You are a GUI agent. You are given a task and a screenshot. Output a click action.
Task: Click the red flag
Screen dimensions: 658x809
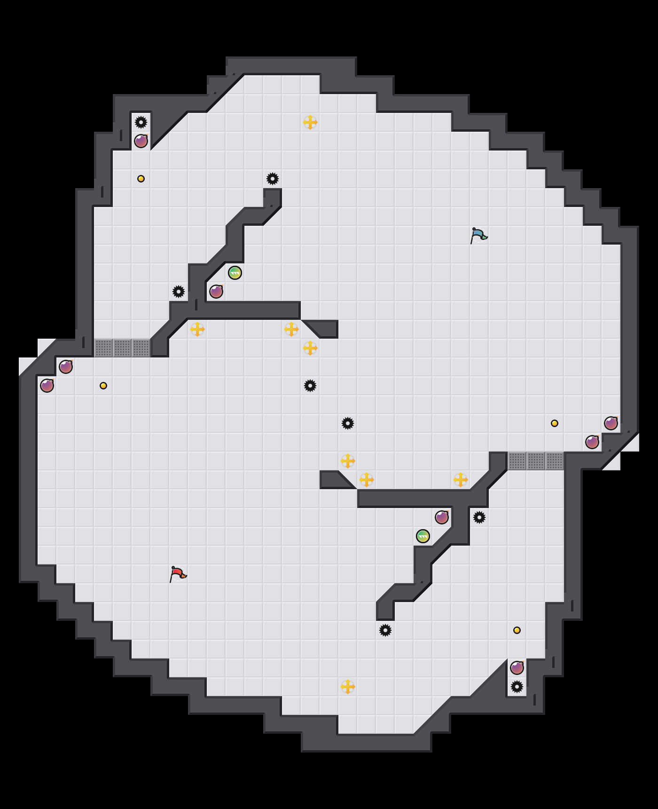pos(177,574)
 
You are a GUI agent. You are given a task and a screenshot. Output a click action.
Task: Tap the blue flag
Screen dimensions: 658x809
pos(478,235)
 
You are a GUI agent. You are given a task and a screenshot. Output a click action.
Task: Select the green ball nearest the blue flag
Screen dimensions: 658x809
pos(235,273)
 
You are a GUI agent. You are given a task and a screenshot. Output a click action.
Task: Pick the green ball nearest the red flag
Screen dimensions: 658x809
pos(423,536)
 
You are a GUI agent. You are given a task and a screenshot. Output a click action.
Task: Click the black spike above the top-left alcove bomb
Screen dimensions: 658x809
pos(141,122)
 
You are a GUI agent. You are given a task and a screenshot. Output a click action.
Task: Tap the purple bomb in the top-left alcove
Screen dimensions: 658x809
pos(141,141)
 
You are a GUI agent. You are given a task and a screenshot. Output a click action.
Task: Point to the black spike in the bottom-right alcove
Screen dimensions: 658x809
pos(517,687)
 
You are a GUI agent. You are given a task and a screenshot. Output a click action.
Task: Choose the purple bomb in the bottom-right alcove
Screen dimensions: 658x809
pos(517,668)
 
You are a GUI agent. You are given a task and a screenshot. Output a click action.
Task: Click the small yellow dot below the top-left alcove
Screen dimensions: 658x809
pos(141,179)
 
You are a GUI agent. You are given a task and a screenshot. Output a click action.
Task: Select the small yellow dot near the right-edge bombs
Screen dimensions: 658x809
pos(555,423)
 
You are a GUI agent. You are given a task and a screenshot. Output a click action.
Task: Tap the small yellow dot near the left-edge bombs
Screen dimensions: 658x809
pos(103,386)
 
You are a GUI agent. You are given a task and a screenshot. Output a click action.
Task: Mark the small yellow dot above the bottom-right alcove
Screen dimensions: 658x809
pos(517,630)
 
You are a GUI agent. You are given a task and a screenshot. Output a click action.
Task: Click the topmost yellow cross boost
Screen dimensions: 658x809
pos(310,122)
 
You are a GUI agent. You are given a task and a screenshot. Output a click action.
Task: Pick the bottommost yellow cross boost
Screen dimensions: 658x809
pos(348,687)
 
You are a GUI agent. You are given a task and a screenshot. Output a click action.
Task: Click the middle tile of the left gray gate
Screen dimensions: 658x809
pos(122,348)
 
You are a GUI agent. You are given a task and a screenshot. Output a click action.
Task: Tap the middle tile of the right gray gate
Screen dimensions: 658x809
pos(536,461)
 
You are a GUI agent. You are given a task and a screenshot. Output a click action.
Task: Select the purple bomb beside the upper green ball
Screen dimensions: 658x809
pos(216,292)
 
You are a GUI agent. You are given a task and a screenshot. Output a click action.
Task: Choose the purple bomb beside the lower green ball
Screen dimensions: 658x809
pos(442,517)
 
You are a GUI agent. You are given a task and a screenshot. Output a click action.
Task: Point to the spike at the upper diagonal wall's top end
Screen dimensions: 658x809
pos(273,179)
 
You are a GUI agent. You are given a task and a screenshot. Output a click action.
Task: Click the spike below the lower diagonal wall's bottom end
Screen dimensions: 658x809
pos(385,630)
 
